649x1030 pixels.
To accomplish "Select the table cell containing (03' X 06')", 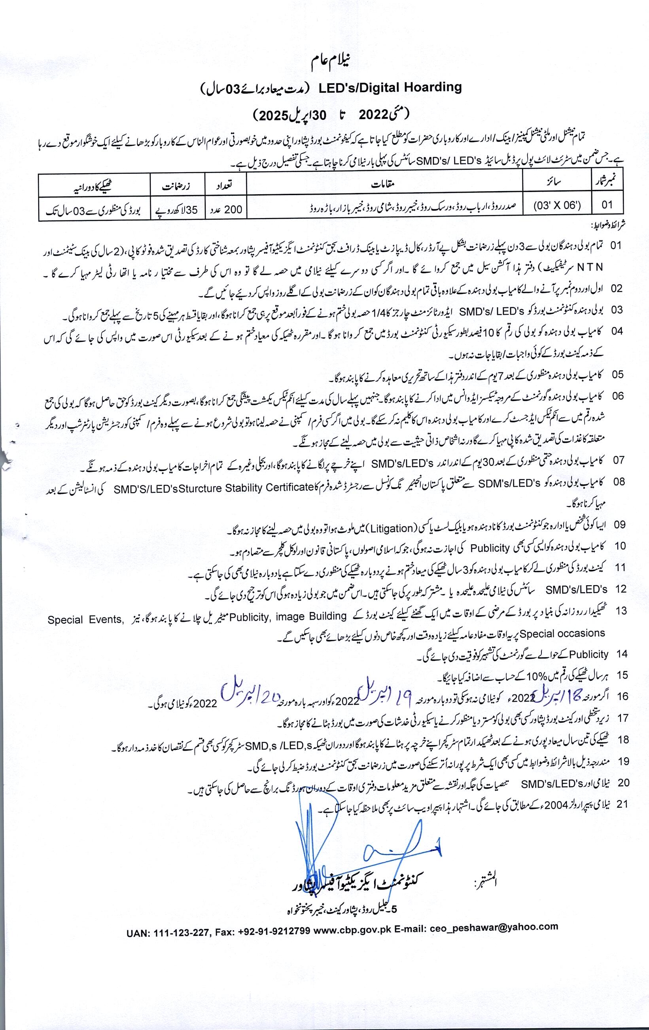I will (x=557, y=206).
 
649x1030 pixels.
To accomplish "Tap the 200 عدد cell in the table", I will (x=226, y=209).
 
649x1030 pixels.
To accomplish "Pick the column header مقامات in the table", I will (x=384, y=184).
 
